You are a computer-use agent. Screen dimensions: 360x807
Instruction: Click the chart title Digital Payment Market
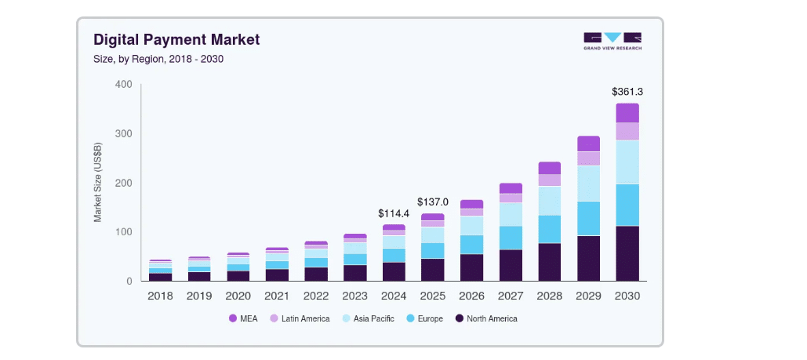point(176,39)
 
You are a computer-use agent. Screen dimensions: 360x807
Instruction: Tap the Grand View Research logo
point(612,41)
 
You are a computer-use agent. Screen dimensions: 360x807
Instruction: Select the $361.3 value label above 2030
point(627,92)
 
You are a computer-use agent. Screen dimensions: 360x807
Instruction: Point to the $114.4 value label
point(394,213)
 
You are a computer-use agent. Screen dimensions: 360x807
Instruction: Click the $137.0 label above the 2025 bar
point(432,202)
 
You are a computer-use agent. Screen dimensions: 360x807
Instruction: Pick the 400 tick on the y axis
point(123,84)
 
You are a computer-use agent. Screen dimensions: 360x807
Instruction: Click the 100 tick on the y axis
point(123,232)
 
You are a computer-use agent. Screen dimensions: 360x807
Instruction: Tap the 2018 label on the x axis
point(160,296)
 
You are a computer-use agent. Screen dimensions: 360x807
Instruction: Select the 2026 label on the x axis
point(471,296)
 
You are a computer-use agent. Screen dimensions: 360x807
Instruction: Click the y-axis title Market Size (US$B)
point(98,182)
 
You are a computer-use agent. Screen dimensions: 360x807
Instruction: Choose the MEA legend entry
point(245,318)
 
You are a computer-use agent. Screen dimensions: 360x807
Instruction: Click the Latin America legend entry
point(300,318)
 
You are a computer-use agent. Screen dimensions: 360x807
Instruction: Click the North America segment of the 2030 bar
point(627,253)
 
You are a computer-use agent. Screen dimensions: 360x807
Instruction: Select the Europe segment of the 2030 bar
point(627,205)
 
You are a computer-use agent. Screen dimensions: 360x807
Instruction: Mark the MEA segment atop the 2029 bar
point(588,144)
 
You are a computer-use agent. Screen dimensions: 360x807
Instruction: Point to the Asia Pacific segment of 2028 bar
point(549,200)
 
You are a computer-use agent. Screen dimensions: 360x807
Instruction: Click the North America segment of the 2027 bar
point(511,265)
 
